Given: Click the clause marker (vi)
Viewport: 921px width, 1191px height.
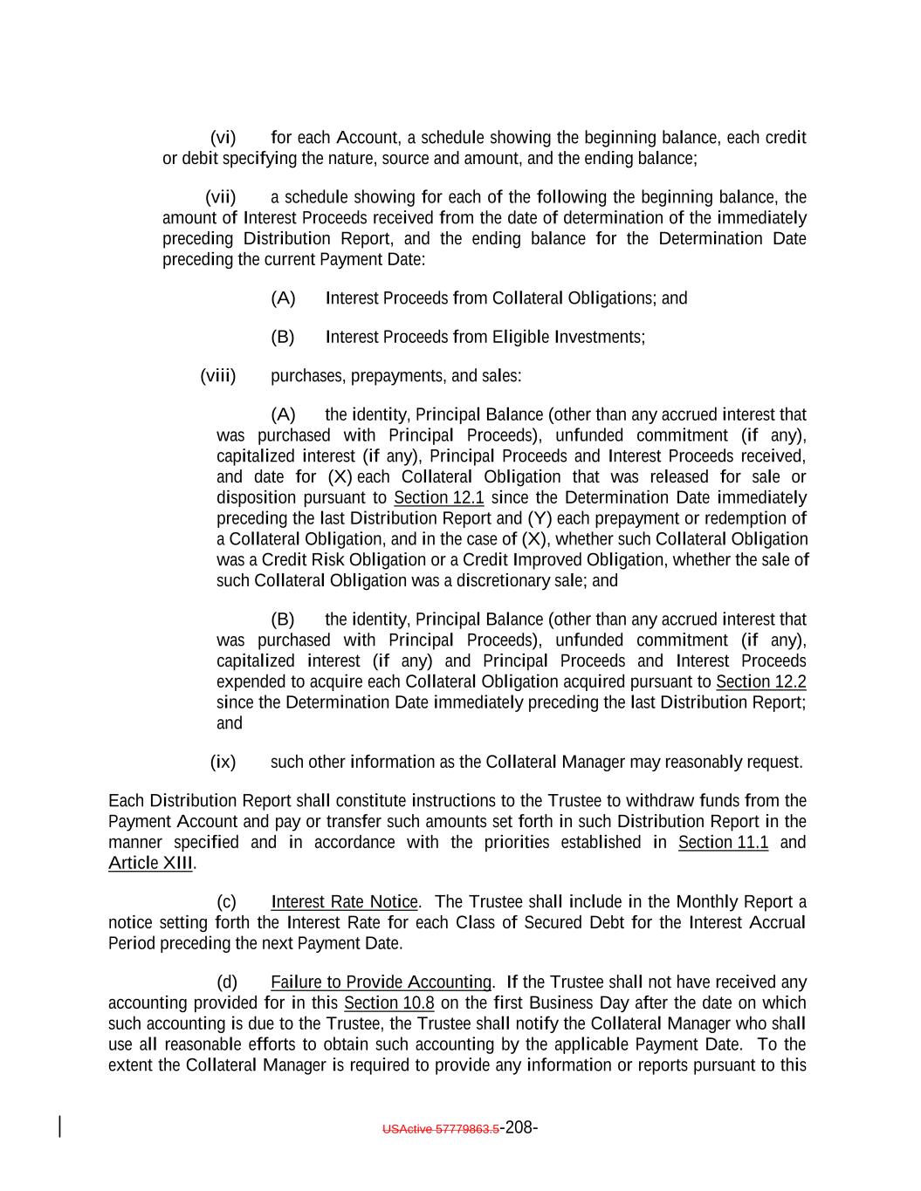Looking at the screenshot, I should click(x=223, y=138).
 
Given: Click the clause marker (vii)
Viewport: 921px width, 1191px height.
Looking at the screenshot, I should click(x=220, y=197).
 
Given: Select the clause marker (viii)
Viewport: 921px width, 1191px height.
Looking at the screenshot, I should click(x=218, y=376).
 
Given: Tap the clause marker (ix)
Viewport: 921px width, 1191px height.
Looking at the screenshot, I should click(x=223, y=762).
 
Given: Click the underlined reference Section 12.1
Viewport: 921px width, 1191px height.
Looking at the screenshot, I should click(x=438, y=498).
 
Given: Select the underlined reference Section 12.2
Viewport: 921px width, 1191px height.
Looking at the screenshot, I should click(x=760, y=682).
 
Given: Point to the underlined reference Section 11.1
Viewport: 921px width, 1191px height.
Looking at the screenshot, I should click(x=723, y=843).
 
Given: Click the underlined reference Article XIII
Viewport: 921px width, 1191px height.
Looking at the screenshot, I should click(x=150, y=864).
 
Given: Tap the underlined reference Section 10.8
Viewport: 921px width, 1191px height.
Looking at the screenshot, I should click(x=388, y=1003).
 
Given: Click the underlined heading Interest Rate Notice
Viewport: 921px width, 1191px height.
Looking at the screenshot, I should click(x=344, y=902).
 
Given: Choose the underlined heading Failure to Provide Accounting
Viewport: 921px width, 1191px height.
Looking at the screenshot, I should click(x=381, y=982).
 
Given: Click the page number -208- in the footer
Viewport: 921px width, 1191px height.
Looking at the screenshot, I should click(x=519, y=1127).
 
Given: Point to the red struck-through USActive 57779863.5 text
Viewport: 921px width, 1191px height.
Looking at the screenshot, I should click(x=440, y=1129).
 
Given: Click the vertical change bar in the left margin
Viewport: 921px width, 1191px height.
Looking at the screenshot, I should click(x=59, y=1126).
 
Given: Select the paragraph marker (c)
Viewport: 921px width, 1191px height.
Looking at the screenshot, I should click(x=226, y=902).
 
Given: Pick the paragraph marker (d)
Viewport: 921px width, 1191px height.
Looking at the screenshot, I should click(x=226, y=982).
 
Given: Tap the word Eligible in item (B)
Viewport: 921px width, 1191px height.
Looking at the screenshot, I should click(x=521, y=338).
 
